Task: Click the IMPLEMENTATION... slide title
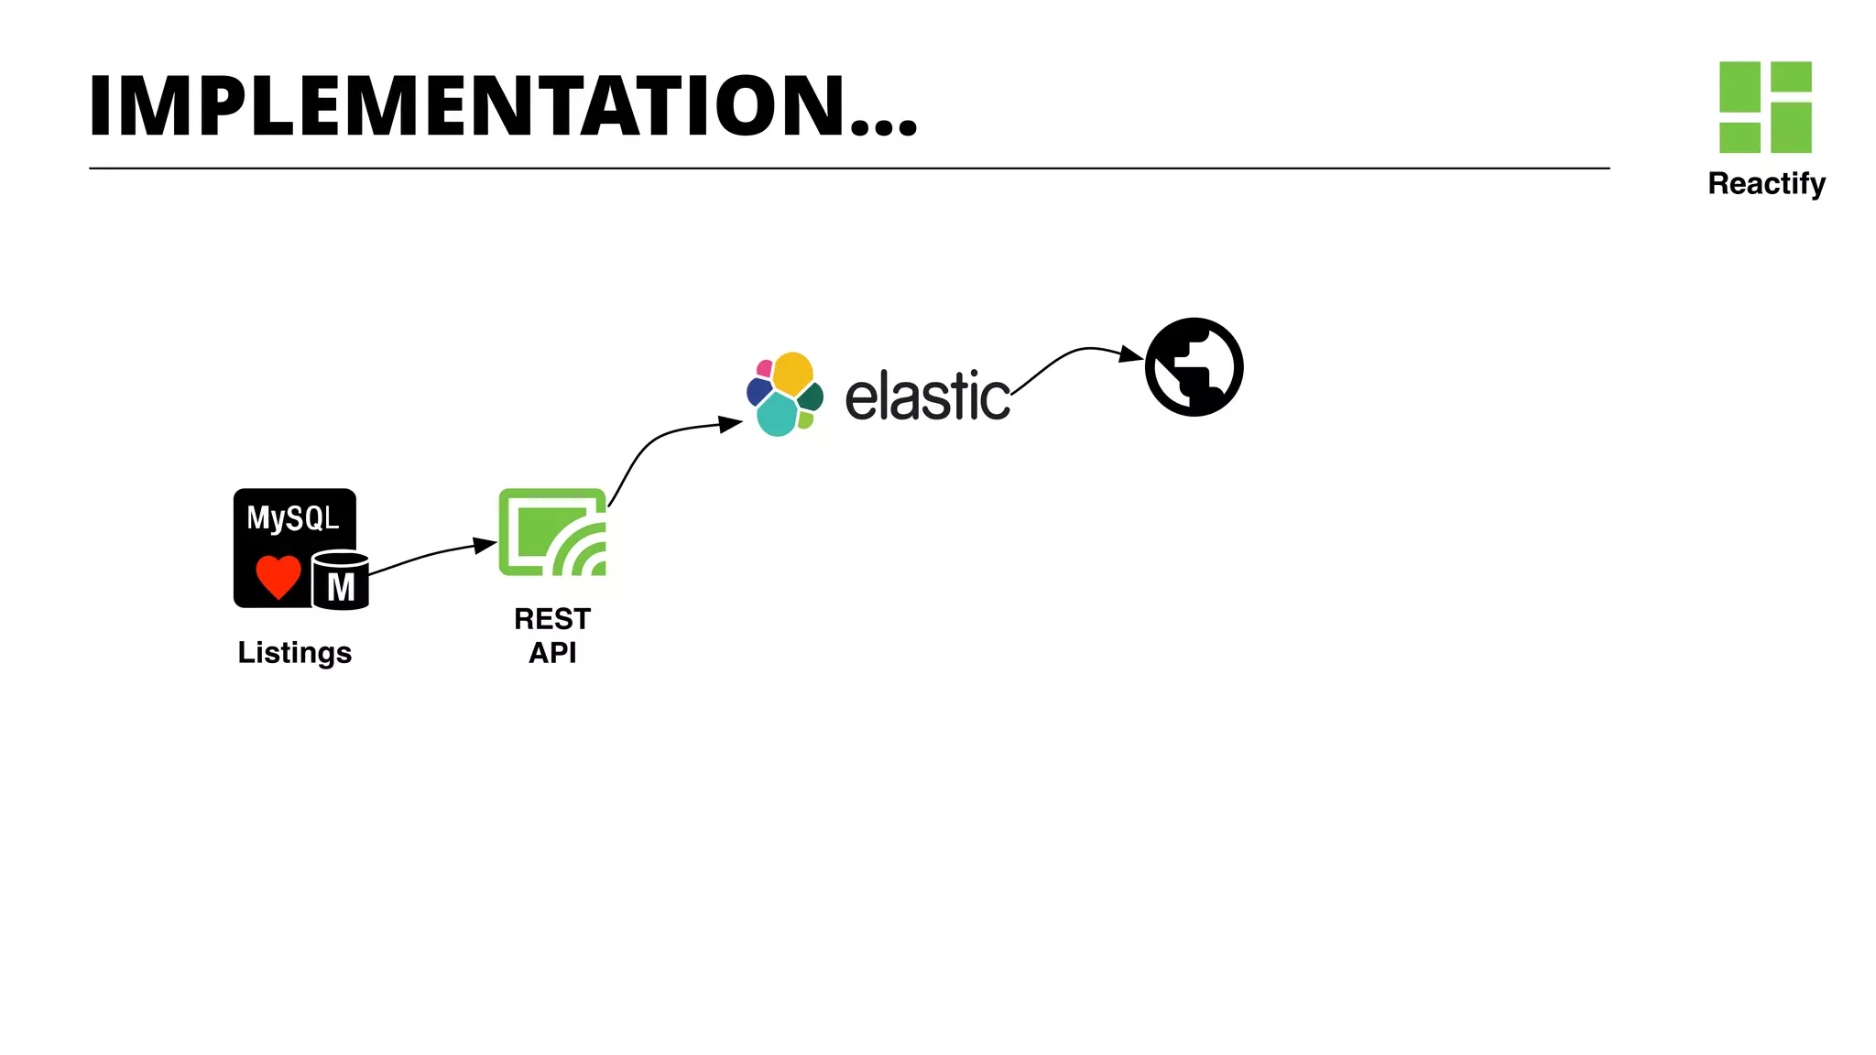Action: pyautogui.click(x=502, y=106)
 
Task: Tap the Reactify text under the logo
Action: pyautogui.click(x=1765, y=183)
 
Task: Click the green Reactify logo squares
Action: pyautogui.click(x=1765, y=106)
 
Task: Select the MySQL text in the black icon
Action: pyautogui.click(x=292, y=518)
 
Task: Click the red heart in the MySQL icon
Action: pyautogui.click(x=278, y=576)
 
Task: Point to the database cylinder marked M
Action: pyautogui.click(x=341, y=581)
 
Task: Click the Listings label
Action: pyautogui.click(x=294, y=652)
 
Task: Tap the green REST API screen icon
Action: pyautogui.click(x=551, y=532)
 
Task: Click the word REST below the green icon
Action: pyautogui.click(x=551, y=619)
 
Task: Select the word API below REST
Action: pyautogui.click(x=551, y=653)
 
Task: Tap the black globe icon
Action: pyautogui.click(x=1194, y=367)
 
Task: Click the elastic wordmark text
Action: pyautogui.click(x=926, y=397)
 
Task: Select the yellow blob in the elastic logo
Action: pyautogui.click(x=792, y=373)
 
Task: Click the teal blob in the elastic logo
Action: pyautogui.click(x=777, y=416)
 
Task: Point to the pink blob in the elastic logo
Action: pyautogui.click(x=764, y=368)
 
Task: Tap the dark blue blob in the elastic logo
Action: pyautogui.click(x=758, y=391)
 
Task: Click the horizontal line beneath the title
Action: pyautogui.click(x=848, y=169)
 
